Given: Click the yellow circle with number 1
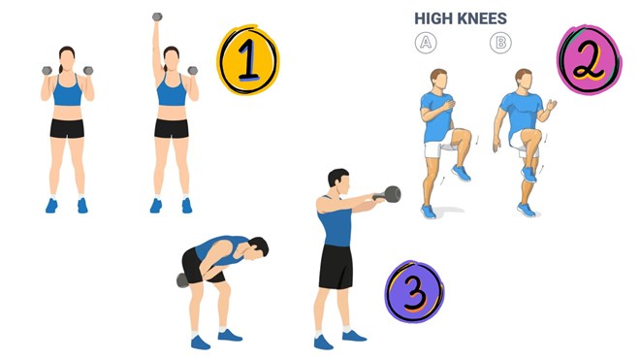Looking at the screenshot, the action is [247, 60].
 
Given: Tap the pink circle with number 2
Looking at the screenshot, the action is [589, 60].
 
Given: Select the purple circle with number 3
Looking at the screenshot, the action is [415, 292].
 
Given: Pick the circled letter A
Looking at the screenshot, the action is [426, 43].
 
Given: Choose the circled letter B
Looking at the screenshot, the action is [500, 43].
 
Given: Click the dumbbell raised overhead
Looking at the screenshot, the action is [157, 16].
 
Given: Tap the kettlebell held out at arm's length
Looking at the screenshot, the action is [390, 194].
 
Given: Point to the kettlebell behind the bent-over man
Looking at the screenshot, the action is [182, 280].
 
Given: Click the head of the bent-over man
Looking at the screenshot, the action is [258, 248].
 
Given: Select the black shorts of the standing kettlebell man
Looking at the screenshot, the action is [336, 267].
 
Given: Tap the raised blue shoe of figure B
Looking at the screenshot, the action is [528, 174].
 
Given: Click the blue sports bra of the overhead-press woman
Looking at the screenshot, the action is [172, 93].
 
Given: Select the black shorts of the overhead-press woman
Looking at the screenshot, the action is [172, 128].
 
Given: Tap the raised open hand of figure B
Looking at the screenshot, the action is [552, 105].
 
